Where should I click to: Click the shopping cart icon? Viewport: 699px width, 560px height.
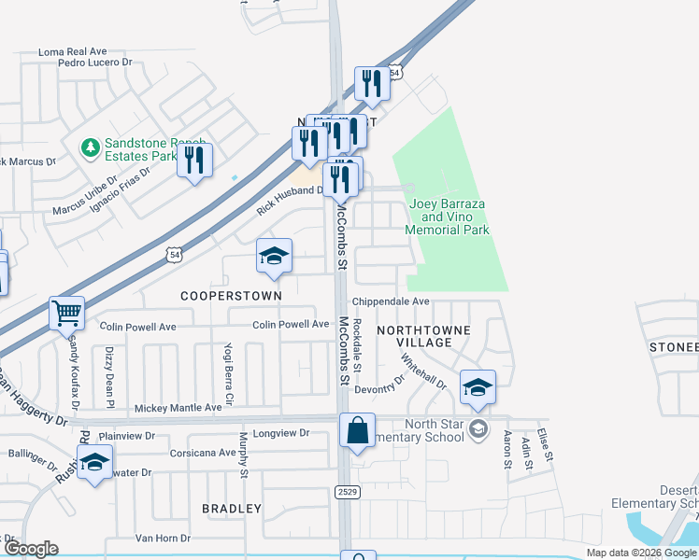pyautogui.click(x=67, y=314)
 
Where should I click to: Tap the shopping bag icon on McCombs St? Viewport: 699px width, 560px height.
pyautogui.click(x=358, y=430)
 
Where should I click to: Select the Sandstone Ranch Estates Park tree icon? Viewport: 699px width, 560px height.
pyautogui.click(x=91, y=147)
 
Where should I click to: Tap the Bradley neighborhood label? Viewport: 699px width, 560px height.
pyautogui.click(x=232, y=509)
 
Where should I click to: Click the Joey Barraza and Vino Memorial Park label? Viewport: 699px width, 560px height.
pyautogui.click(x=447, y=217)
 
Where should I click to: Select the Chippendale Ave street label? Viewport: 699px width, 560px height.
pyautogui.click(x=391, y=301)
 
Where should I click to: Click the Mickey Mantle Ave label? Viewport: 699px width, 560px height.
pyautogui.click(x=178, y=408)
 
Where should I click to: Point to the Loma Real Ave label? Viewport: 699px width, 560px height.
pyautogui.click(x=74, y=52)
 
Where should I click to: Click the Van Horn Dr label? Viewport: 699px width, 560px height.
pyautogui.click(x=163, y=539)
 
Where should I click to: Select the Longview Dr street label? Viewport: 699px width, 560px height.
pyautogui.click(x=280, y=433)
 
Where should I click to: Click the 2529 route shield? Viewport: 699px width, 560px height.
pyautogui.click(x=345, y=490)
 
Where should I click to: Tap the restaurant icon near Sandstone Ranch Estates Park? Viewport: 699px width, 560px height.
pyautogui.click(x=194, y=160)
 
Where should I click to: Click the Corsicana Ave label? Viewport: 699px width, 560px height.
pyautogui.click(x=203, y=453)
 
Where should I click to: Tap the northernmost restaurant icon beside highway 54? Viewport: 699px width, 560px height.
pyautogui.click(x=372, y=84)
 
